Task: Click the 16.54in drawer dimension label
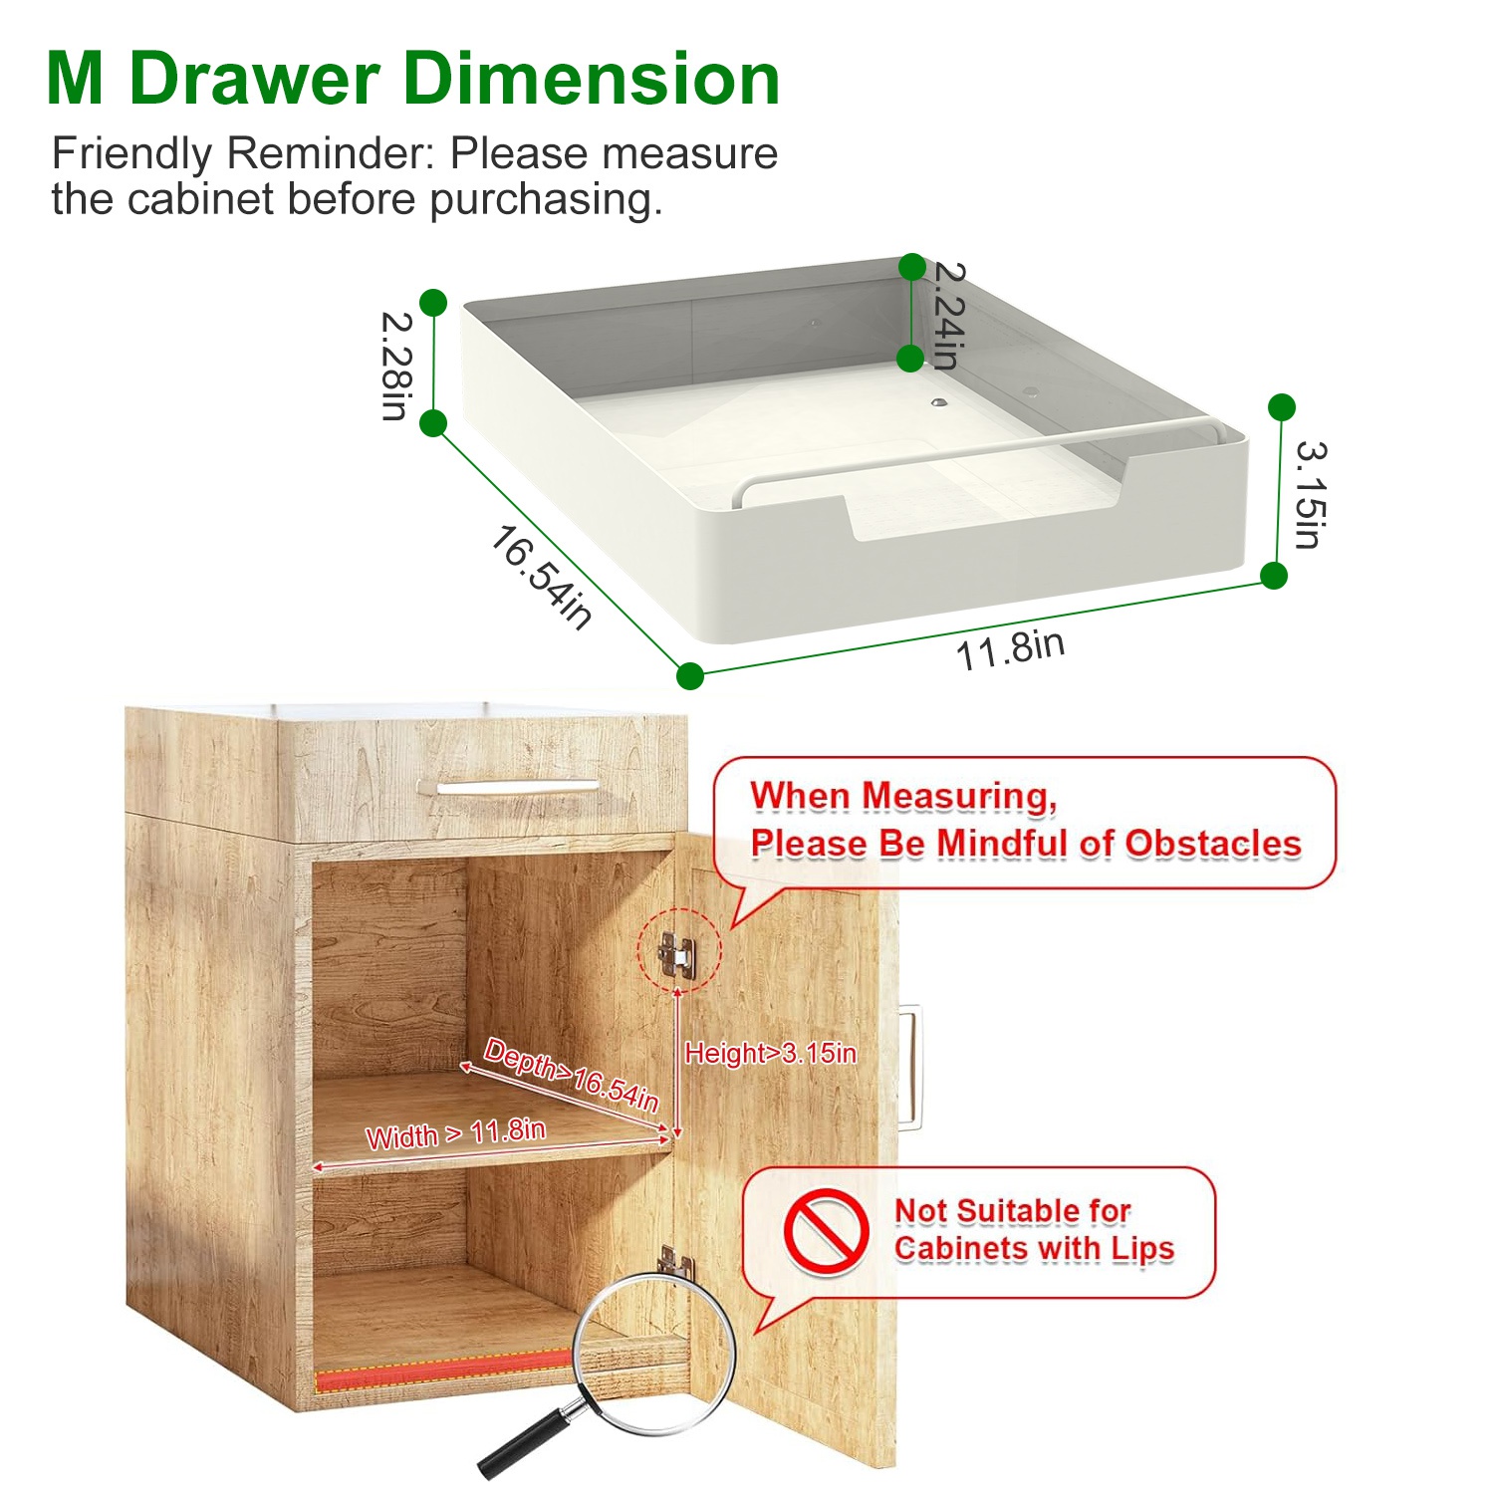click(x=541, y=577)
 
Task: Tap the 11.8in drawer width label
click(x=1010, y=649)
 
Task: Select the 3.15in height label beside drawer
click(x=1310, y=495)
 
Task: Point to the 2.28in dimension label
click(x=396, y=366)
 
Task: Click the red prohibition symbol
click(x=826, y=1231)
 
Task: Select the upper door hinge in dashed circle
click(x=677, y=954)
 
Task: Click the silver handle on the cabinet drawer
click(x=518, y=786)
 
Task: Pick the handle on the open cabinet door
click(x=909, y=1067)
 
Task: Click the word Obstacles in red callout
click(x=1213, y=844)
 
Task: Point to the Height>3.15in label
click(x=770, y=1053)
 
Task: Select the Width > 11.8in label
click(x=455, y=1133)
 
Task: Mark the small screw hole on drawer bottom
click(x=939, y=403)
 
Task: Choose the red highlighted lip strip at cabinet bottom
click(x=444, y=1371)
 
